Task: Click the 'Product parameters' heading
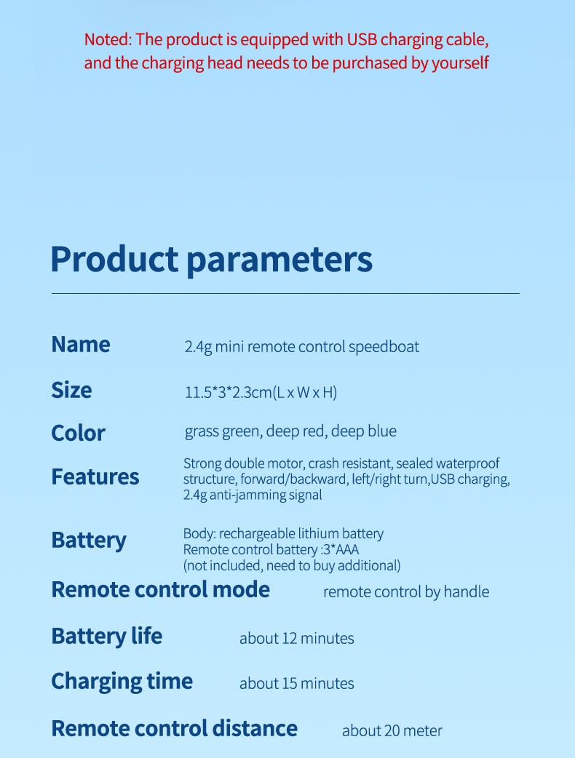tap(211, 260)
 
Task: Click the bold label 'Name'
tap(81, 345)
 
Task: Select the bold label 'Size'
tap(71, 390)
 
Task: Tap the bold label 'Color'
tap(79, 433)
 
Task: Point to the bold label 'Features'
tap(95, 476)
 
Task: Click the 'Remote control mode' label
tap(161, 589)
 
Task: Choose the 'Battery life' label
tap(107, 637)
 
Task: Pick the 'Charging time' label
tap(122, 682)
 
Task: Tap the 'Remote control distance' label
tap(175, 728)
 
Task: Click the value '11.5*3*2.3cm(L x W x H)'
tap(261, 392)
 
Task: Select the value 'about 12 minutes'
tap(296, 639)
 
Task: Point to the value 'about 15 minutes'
tap(296, 684)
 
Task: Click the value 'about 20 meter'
tap(392, 731)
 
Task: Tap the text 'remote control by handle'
tap(406, 592)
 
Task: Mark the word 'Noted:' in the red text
tap(108, 39)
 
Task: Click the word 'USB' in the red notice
tap(362, 39)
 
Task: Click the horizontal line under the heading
tap(285, 293)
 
